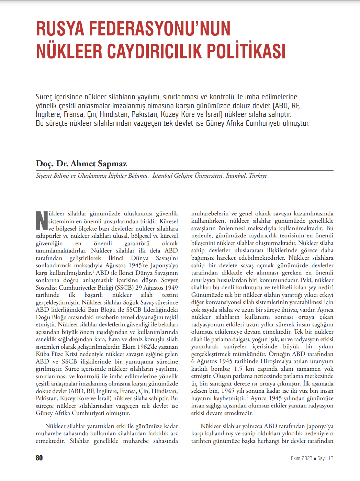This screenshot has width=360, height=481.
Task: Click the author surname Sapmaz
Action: point(112,164)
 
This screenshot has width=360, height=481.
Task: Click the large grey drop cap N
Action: point(42,221)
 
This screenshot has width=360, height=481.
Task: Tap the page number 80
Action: point(39,458)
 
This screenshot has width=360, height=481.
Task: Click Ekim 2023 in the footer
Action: point(302,458)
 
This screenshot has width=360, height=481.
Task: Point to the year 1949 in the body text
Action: point(171,288)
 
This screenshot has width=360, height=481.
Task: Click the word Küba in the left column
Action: point(42,354)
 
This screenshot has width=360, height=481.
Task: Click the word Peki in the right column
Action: point(306,280)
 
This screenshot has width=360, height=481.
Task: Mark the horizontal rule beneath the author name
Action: point(184,171)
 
